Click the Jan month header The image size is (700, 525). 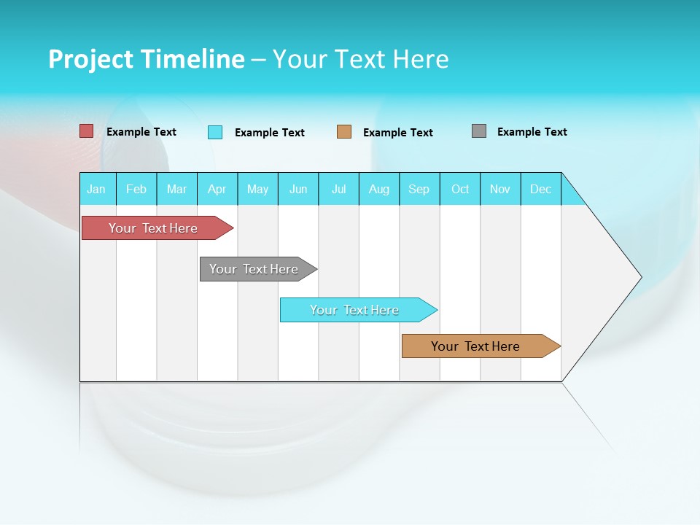pos(96,189)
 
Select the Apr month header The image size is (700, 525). pos(217,189)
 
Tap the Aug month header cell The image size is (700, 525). pos(378,189)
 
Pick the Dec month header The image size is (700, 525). pos(540,189)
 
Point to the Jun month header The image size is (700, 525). pos(297,189)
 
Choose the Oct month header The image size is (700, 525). pos(459,189)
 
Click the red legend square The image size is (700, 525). pos(86,131)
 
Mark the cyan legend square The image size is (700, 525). pos(215,132)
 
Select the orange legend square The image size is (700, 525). pos(344,132)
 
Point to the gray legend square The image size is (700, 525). pos(479,131)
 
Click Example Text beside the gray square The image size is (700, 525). pos(532,132)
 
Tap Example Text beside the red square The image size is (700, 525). pos(141,132)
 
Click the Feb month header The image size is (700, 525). pos(136,189)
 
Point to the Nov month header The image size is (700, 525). pos(500,189)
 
